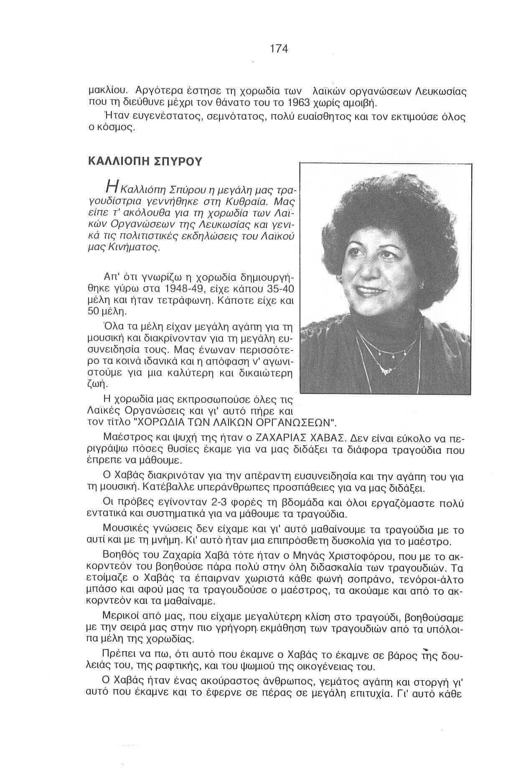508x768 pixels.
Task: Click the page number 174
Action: pos(279,49)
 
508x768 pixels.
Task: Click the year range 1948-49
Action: pos(185,289)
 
